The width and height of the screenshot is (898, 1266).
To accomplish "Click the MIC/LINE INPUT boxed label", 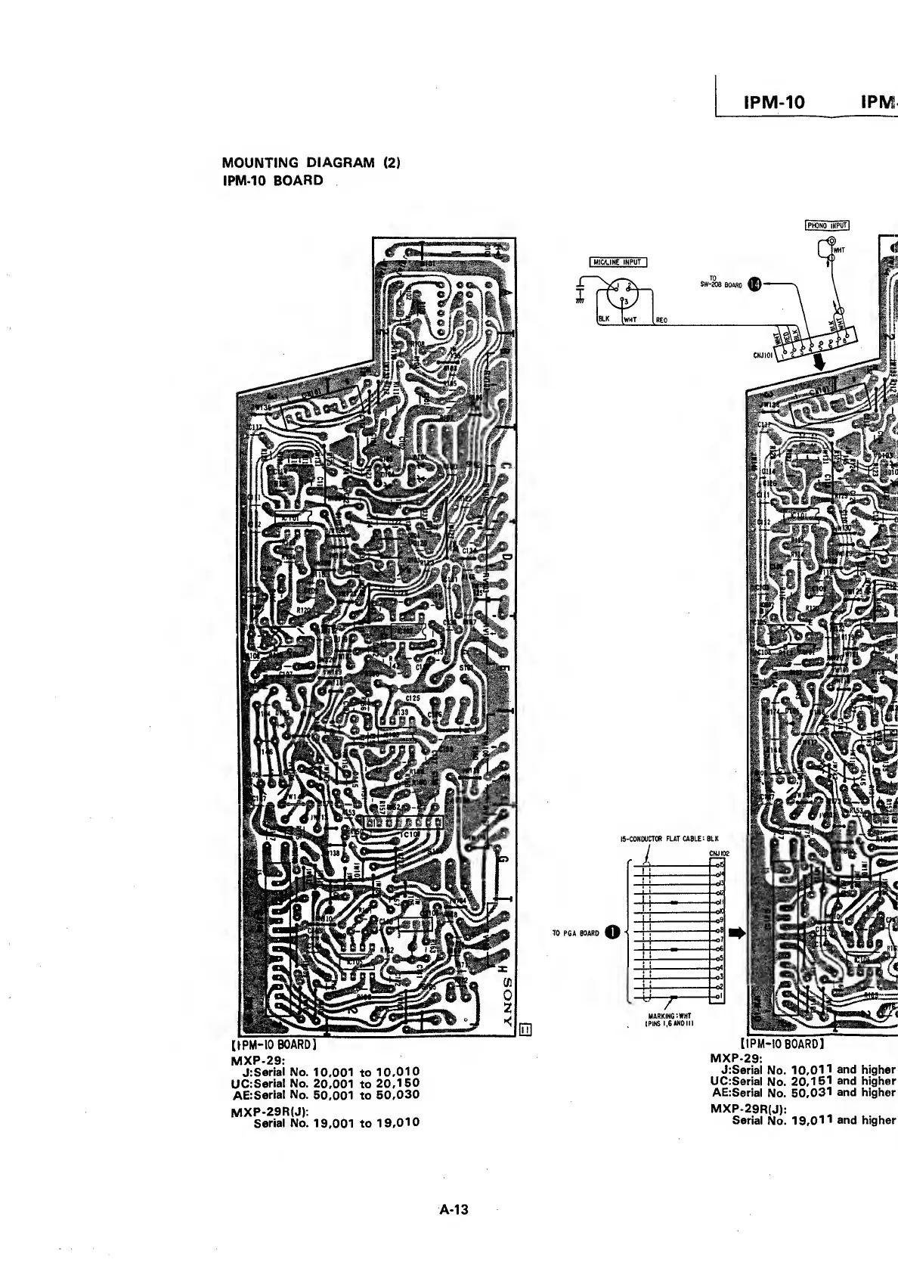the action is [618, 262].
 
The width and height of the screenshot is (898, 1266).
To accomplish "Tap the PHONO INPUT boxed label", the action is [828, 225].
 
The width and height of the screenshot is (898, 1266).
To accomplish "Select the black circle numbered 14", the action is [754, 284].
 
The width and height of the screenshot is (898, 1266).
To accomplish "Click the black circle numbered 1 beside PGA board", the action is [614, 932].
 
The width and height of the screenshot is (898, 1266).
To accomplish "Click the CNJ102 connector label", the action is [719, 853].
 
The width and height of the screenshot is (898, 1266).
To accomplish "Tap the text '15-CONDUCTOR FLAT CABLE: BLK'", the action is [669, 838].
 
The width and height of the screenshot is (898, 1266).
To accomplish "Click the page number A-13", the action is [454, 1209].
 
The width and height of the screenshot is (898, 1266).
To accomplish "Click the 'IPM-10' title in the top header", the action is [774, 102].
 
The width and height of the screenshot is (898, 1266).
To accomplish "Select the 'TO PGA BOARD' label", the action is [577, 933].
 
